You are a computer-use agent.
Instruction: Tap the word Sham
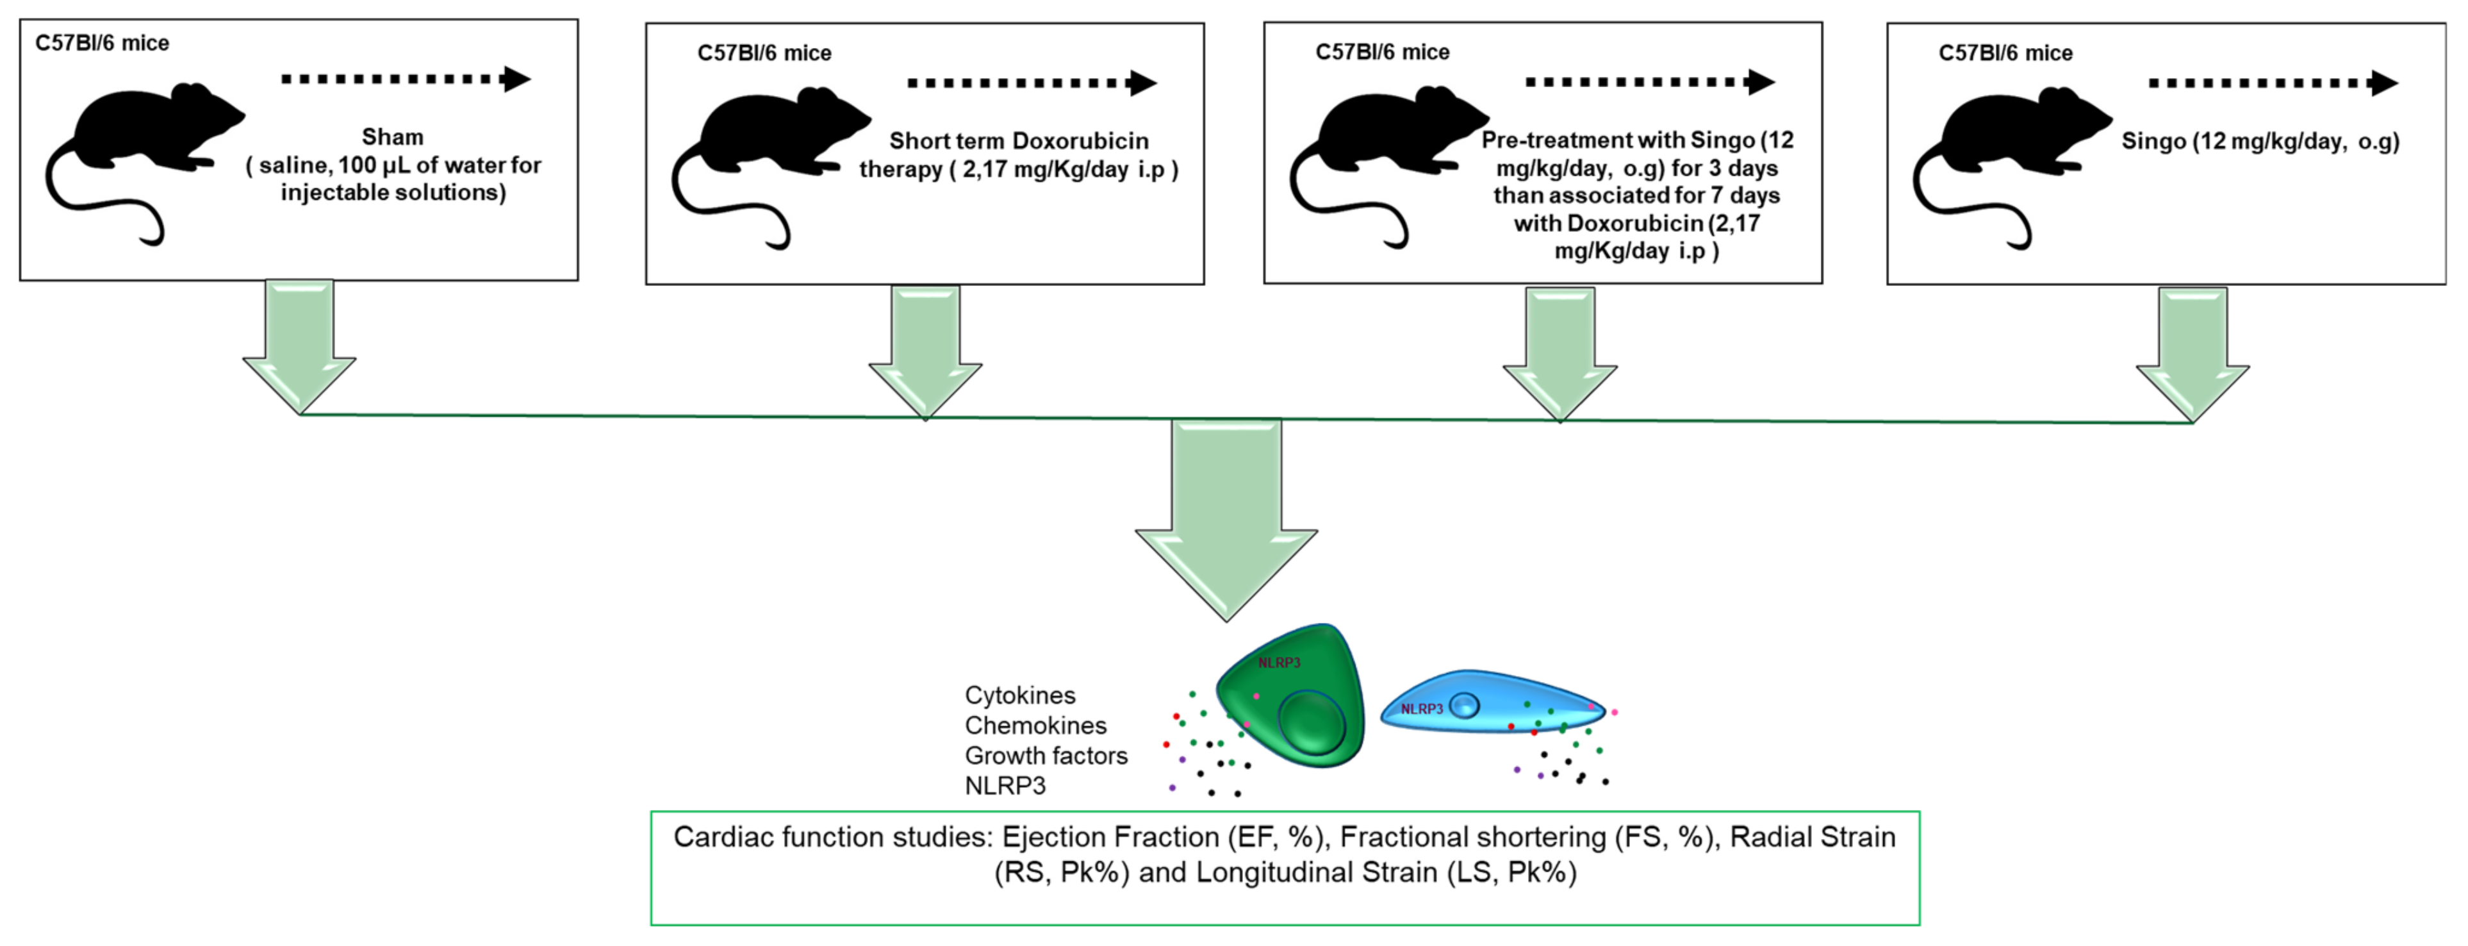[x=393, y=137]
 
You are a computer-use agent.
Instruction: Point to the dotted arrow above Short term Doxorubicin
[x=1033, y=83]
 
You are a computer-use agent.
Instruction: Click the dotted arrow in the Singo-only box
[x=2273, y=83]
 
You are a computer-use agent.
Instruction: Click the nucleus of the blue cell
[x=1464, y=706]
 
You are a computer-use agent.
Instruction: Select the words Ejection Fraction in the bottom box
[x=1110, y=837]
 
